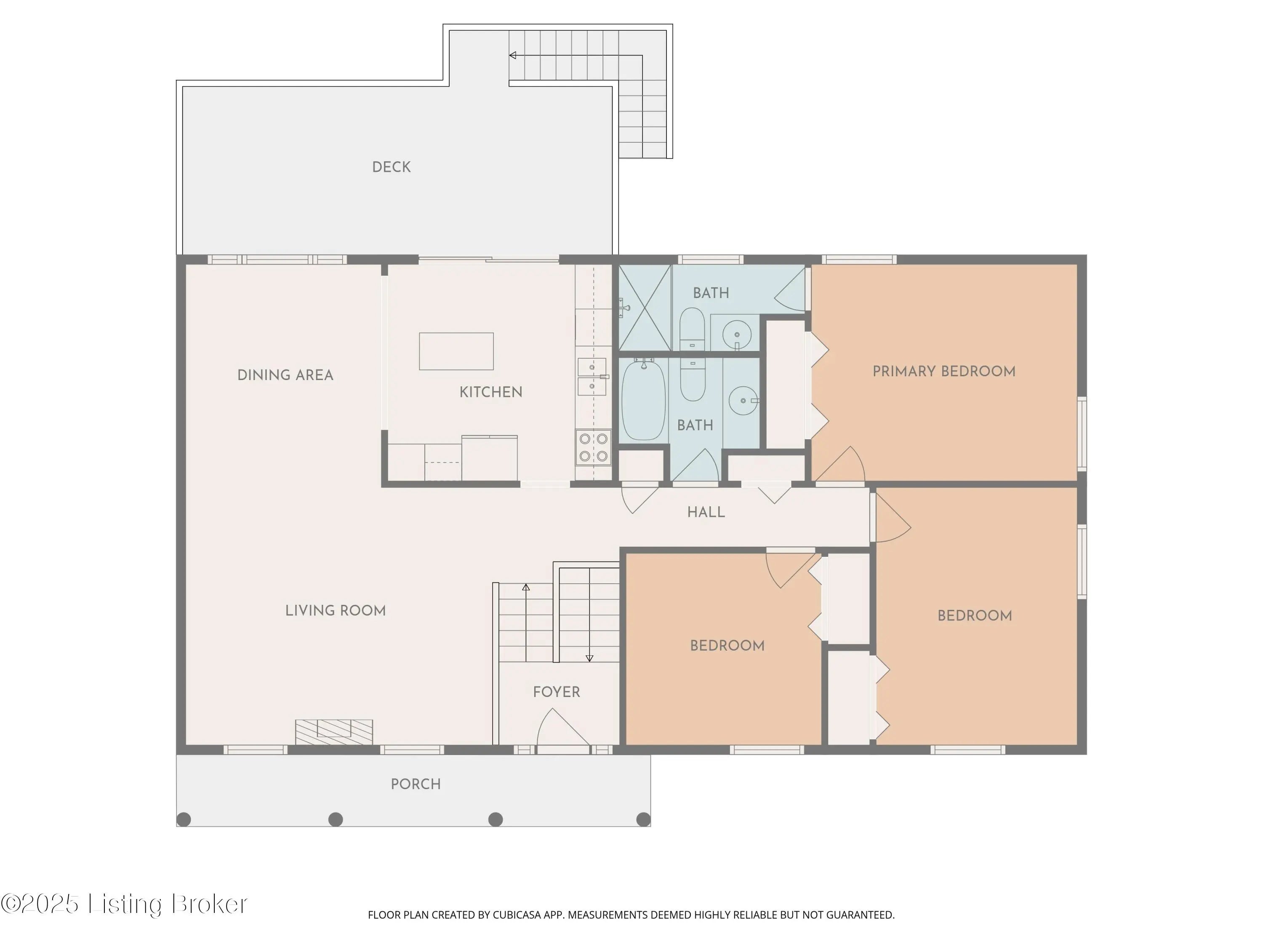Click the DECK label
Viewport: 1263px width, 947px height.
click(x=391, y=167)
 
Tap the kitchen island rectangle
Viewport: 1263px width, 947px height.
click(x=456, y=351)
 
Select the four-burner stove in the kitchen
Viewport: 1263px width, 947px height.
click(x=593, y=447)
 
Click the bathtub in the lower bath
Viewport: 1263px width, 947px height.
click(x=643, y=399)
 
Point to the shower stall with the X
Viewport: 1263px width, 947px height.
click(x=645, y=308)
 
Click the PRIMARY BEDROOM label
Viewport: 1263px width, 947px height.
click(x=944, y=371)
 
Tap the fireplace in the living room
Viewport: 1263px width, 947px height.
click(x=334, y=732)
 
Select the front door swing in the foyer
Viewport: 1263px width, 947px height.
click(x=562, y=727)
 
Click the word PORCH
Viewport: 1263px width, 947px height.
click(x=416, y=784)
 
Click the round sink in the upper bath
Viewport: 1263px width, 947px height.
click(x=737, y=335)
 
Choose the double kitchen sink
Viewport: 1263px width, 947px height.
click(x=592, y=376)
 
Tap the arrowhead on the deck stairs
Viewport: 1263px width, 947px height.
click(x=513, y=56)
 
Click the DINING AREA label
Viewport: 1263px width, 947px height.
click(x=285, y=375)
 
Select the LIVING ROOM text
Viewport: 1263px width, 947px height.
click(x=335, y=610)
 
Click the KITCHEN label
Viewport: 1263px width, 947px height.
click(x=490, y=392)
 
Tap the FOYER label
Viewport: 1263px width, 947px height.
click(x=556, y=692)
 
